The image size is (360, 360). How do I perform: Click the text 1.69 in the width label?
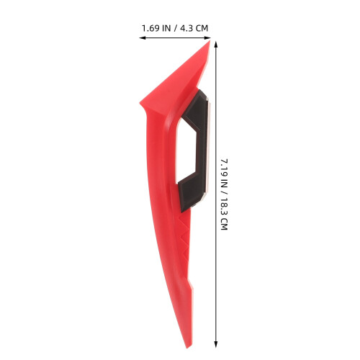(x=150, y=28)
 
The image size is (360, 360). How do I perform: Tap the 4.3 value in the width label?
(x=186, y=28)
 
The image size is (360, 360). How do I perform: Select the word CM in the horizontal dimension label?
(x=202, y=28)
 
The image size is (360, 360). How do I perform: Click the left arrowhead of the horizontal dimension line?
(x=143, y=37)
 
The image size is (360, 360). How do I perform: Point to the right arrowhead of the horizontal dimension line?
(x=207, y=37)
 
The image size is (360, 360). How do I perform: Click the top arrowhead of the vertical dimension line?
(x=216, y=45)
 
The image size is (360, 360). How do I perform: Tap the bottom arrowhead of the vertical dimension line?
(x=216, y=344)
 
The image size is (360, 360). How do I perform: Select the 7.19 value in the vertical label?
(x=224, y=166)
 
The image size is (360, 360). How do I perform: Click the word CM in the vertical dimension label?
(x=224, y=224)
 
